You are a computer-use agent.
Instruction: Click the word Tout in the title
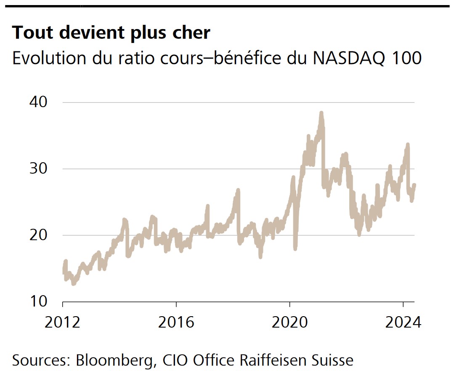coord(32,32)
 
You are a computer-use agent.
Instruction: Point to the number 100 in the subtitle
coord(406,58)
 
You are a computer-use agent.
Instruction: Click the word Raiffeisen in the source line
coord(268,361)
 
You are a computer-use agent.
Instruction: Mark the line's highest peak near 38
coord(321,113)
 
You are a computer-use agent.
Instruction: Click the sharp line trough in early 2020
coord(295,248)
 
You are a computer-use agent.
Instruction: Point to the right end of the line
coord(414,185)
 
